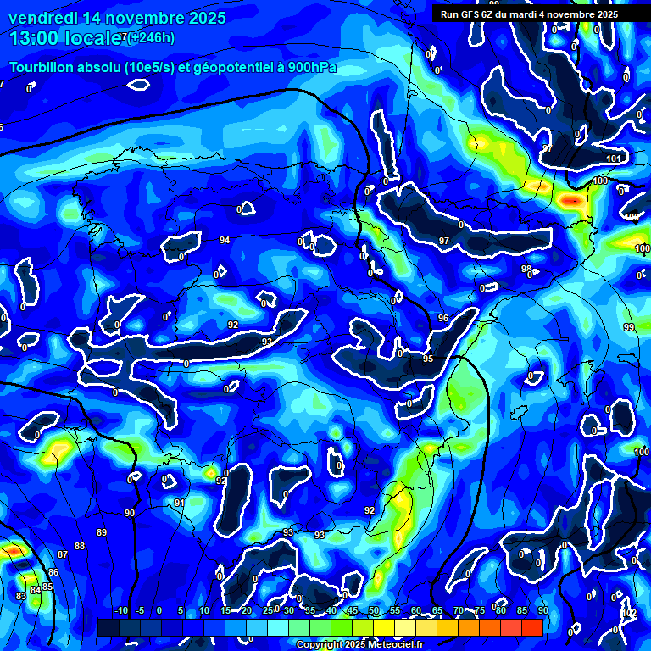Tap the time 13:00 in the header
click(34, 37)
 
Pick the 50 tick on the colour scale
click(374, 610)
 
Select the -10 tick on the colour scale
click(120, 610)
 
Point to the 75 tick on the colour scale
click(480, 610)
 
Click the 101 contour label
click(614, 159)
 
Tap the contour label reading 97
click(443, 242)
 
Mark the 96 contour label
click(442, 318)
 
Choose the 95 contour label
click(428, 359)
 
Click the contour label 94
click(224, 241)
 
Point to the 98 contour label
click(526, 269)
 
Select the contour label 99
click(628, 327)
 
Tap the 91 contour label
click(179, 504)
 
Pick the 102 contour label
click(629, 613)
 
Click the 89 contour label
click(102, 532)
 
